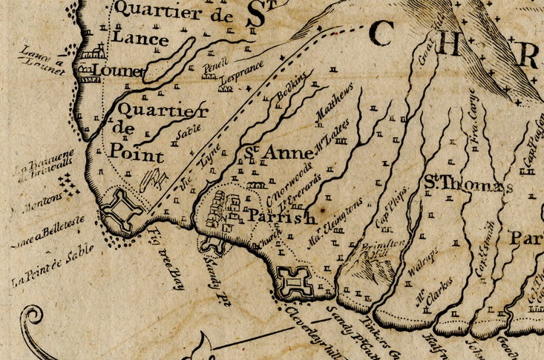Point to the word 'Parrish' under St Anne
coord(282,217)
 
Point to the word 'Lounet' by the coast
coord(112,71)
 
